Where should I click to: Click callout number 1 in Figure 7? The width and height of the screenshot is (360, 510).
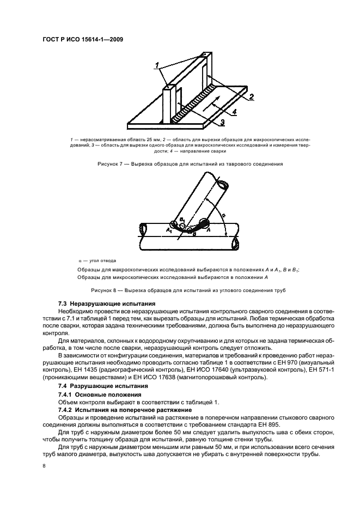[x=158, y=66]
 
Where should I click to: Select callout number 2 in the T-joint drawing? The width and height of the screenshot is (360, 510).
[x=252, y=98]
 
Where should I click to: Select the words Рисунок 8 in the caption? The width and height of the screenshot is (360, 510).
[x=107, y=289]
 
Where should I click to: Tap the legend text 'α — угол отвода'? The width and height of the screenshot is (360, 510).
[x=97, y=260]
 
